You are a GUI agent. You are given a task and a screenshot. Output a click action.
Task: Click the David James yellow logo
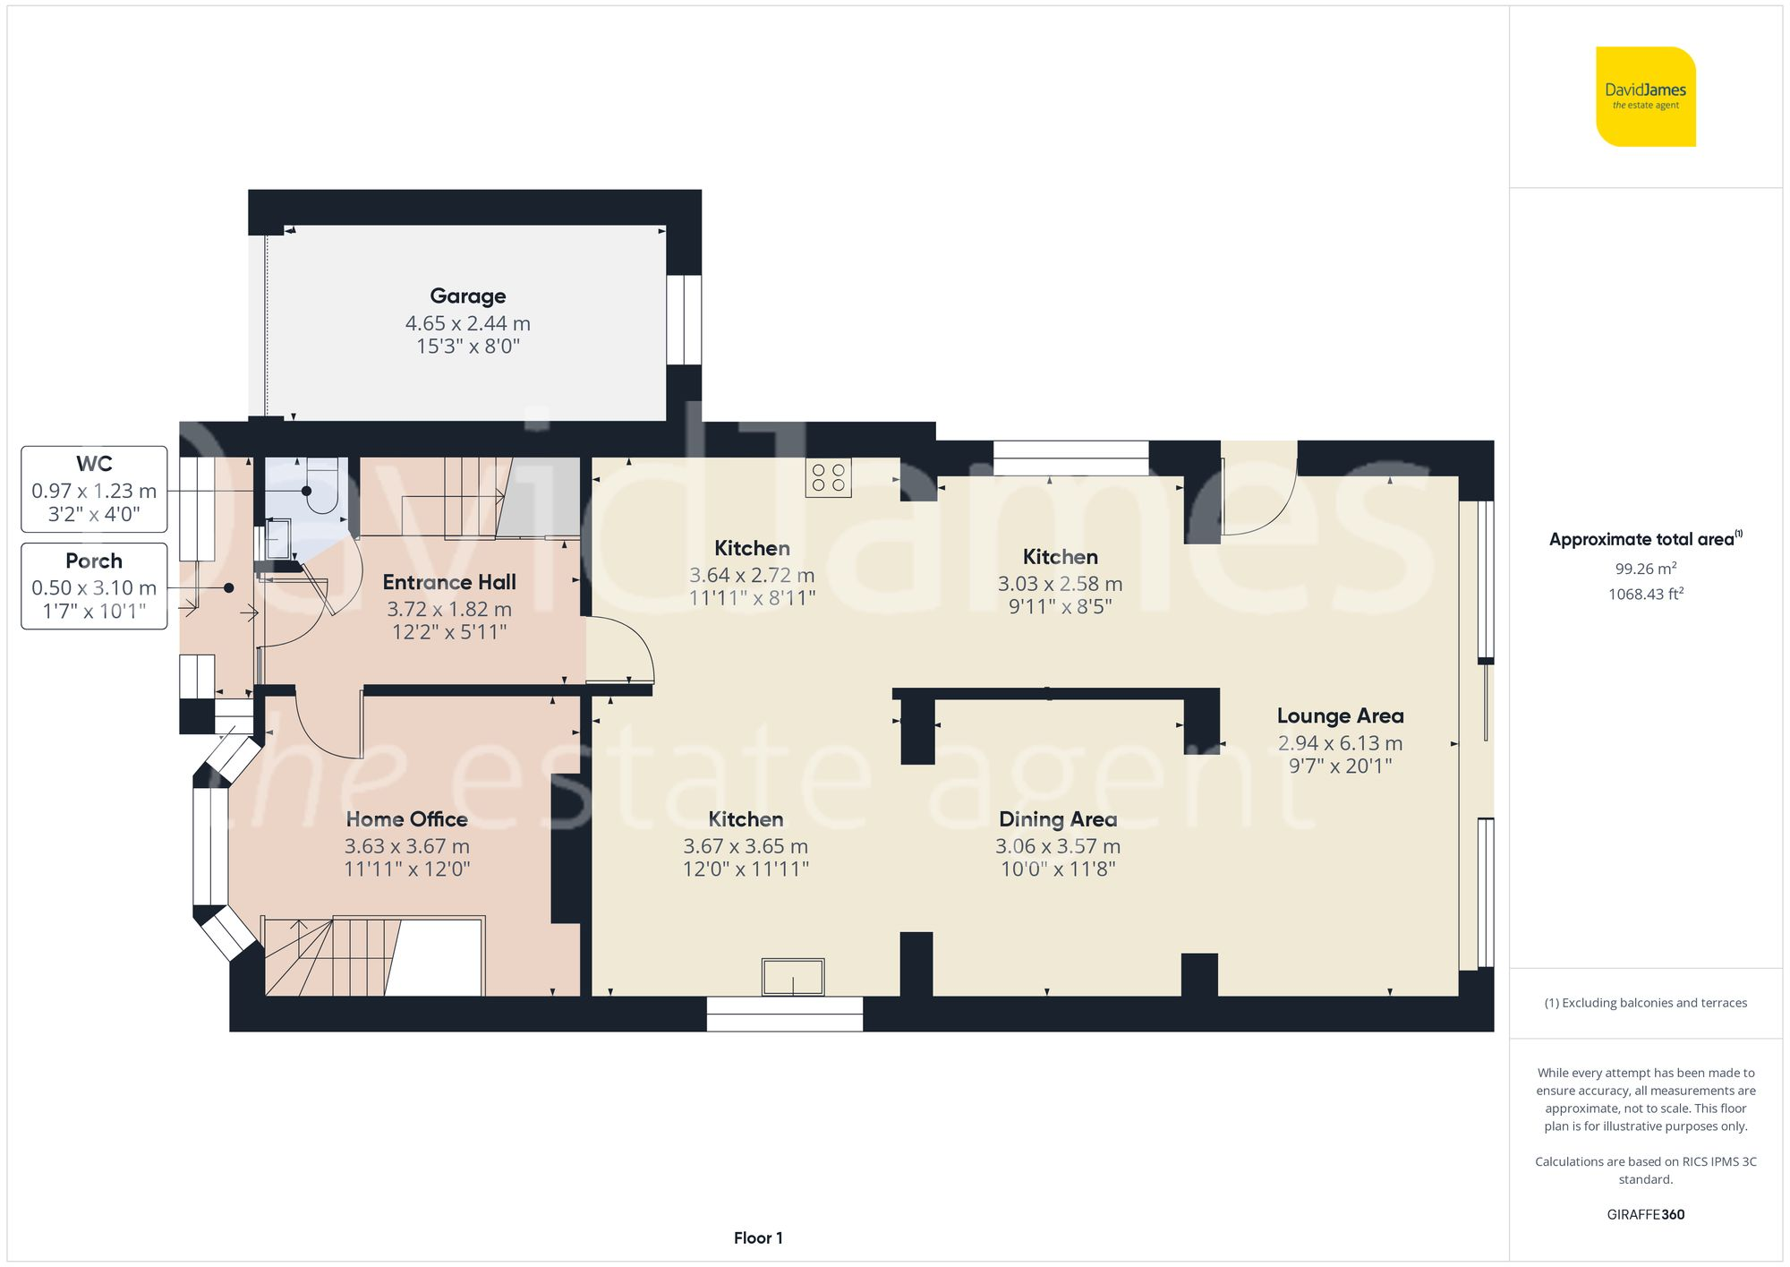1645,97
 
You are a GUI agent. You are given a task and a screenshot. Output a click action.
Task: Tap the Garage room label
467,295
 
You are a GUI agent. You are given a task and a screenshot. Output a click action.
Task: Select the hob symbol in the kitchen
828,478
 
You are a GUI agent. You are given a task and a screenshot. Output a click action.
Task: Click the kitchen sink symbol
793,977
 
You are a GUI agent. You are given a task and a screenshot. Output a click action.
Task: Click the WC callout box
94,489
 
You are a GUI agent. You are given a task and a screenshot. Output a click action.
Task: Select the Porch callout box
94,586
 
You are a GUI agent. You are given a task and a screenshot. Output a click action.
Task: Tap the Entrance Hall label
449,582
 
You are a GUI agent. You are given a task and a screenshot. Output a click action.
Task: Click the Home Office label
406,819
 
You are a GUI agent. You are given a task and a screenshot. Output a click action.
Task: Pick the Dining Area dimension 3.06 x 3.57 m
1057,846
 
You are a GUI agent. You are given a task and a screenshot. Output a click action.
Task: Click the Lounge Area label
1340,716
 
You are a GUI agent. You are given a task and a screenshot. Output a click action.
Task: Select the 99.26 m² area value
1645,569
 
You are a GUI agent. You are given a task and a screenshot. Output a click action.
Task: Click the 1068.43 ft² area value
1645,594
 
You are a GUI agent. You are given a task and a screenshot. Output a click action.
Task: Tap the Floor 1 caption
757,1238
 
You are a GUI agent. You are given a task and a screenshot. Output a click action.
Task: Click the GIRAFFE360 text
1645,1215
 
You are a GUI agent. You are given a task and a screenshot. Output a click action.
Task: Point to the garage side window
684,320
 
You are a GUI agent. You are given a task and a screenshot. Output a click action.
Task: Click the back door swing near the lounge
1257,501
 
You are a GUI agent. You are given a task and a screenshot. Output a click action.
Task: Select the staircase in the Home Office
331,958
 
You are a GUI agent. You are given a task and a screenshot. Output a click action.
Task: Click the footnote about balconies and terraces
1645,1003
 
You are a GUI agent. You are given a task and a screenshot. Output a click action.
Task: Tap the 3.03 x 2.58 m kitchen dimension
1060,584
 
